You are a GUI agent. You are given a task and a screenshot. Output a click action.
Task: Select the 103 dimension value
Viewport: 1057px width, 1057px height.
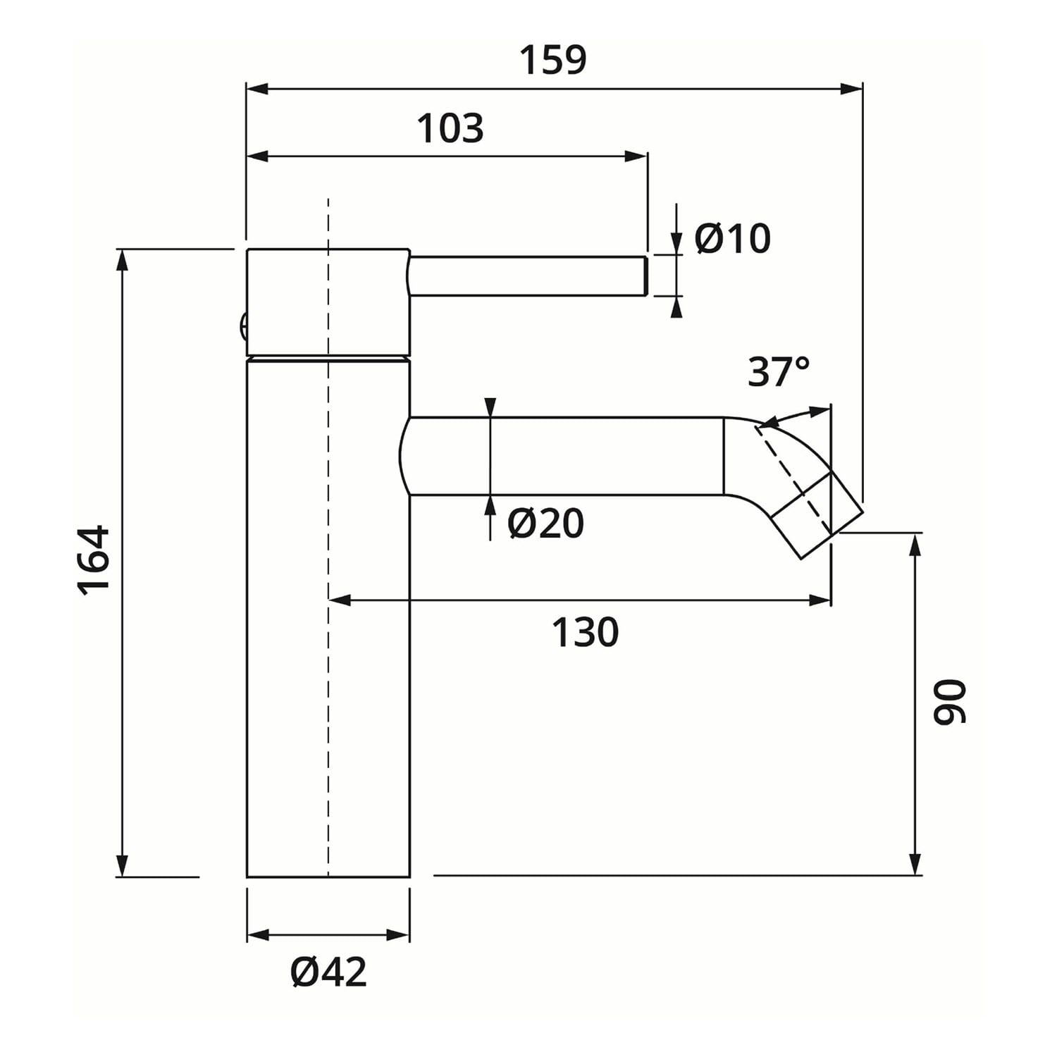coord(451,128)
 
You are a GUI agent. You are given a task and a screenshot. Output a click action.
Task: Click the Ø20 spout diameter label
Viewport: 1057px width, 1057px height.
coord(546,524)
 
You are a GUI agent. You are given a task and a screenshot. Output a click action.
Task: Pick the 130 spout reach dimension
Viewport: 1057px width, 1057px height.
coord(585,631)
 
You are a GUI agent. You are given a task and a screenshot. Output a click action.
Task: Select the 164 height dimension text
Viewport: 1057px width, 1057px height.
coord(94,561)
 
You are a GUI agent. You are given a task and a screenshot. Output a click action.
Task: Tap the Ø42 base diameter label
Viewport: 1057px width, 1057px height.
coord(328,972)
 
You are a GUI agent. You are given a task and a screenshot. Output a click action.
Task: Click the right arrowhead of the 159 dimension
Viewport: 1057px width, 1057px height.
coord(853,89)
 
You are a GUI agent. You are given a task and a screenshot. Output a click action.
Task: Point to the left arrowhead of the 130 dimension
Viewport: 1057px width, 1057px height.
coord(340,600)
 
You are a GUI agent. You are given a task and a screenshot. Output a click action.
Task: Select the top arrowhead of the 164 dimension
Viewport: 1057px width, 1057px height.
coord(123,259)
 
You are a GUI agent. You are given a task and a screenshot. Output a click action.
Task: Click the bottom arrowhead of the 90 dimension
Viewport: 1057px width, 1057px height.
coord(915,865)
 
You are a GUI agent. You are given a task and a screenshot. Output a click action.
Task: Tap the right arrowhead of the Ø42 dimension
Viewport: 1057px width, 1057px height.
coord(398,935)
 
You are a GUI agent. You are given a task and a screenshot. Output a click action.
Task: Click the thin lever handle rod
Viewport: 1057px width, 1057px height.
coord(528,276)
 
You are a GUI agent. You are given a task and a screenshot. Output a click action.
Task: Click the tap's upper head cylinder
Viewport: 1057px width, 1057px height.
coord(328,302)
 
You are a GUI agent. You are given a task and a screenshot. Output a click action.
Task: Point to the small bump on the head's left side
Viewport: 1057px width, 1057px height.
coord(242,326)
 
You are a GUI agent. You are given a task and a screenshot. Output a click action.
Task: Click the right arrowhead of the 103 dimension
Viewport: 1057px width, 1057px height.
coord(636,156)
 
